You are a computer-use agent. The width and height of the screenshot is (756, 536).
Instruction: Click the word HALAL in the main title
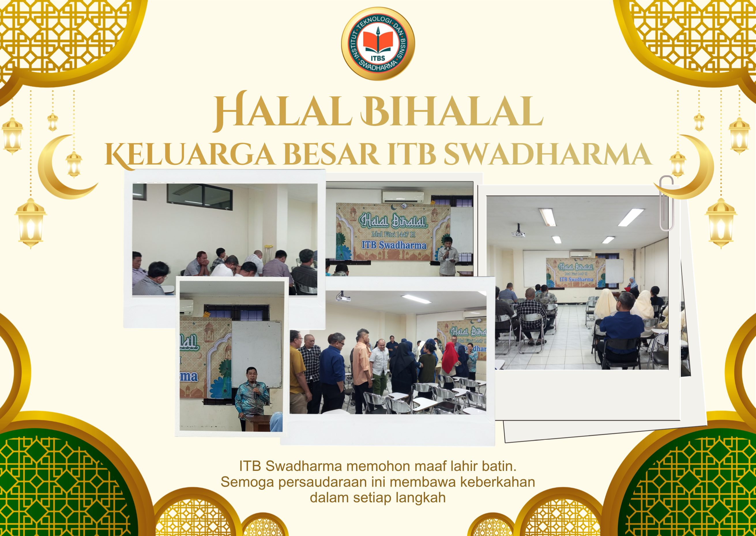click(x=282, y=111)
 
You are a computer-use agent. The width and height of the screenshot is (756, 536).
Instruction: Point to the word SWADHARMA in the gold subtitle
click(x=548, y=154)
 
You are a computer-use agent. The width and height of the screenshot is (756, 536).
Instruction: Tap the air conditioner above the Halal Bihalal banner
click(x=403, y=197)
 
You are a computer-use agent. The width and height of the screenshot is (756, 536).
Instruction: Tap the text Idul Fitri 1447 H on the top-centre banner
click(x=393, y=234)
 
